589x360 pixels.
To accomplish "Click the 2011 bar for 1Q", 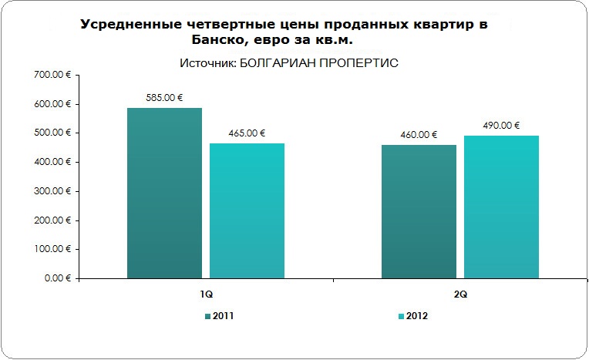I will click(164, 193).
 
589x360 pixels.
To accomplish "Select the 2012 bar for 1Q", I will click(247, 210).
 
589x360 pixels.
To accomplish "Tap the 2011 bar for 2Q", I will click(419, 211).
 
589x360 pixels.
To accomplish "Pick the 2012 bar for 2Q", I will click(501, 207).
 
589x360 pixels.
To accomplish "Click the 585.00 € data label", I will click(164, 98).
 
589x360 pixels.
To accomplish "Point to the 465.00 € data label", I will click(247, 133).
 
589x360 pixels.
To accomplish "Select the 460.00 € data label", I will click(419, 135).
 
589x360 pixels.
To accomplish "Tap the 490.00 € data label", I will click(501, 126).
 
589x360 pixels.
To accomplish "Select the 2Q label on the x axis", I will click(459, 294).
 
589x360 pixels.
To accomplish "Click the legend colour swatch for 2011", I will click(208, 317).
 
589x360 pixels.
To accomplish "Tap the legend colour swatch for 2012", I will click(401, 317).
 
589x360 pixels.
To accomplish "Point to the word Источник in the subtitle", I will click(207, 62).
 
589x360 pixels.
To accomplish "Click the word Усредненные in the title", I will click(130, 25).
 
